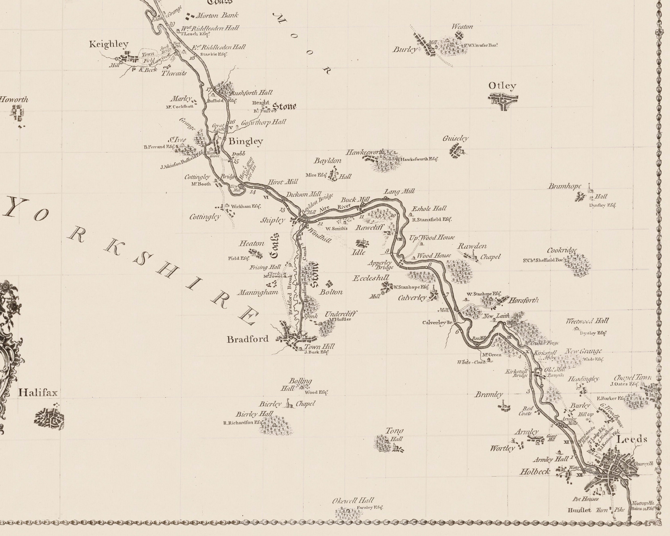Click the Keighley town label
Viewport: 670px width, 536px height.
click(109, 44)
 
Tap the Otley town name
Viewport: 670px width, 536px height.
click(502, 86)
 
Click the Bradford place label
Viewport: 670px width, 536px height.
click(248, 339)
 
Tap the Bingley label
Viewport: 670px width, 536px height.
click(246, 142)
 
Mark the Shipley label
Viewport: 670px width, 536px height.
click(272, 220)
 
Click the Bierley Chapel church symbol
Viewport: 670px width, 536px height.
click(289, 404)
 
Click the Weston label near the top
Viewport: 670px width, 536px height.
click(462, 27)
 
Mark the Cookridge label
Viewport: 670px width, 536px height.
click(562, 250)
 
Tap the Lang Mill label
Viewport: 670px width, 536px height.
click(399, 191)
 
